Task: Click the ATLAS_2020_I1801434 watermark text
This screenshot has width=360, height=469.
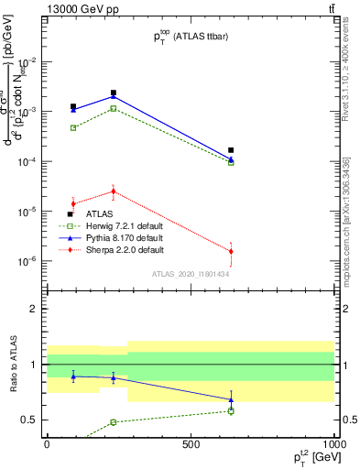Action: pos(190,274)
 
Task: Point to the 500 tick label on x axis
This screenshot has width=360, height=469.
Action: pos(191,443)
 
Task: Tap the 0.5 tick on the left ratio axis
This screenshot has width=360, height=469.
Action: pos(31,420)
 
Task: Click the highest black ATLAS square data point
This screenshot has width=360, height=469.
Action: pos(114,93)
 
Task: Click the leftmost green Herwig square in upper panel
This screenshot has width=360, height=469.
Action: pos(73,127)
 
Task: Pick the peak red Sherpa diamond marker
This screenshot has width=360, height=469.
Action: pos(114,191)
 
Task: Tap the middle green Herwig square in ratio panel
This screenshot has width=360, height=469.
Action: pos(114,422)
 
